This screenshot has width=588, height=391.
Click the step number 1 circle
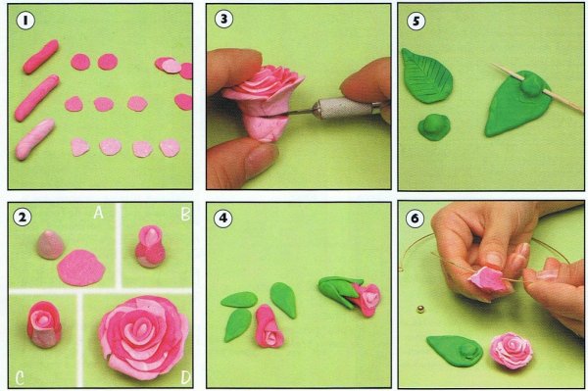tap(25, 21)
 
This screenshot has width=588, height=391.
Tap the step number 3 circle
tap(223, 20)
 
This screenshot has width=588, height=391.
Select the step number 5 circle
tap(416, 21)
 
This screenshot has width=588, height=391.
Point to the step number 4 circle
tap(223, 218)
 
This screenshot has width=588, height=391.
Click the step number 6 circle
tap(415, 219)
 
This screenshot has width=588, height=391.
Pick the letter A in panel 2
tap(98, 213)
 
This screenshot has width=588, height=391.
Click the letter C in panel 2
tap(20, 378)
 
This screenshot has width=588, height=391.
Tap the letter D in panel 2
tap(185, 378)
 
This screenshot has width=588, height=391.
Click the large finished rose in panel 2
tap(144, 337)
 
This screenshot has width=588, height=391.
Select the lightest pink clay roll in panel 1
tap(35, 139)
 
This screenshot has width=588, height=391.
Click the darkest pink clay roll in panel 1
tap(41, 57)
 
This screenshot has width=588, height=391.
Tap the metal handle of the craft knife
tap(343, 108)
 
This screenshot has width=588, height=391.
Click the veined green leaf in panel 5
tap(426, 75)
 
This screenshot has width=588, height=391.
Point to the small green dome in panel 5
tap(434, 127)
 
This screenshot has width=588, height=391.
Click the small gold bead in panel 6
tap(420, 310)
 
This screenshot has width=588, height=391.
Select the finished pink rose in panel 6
tap(512, 350)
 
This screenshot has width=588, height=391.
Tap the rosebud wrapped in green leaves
tap(350, 296)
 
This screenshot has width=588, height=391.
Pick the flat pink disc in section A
tap(81, 268)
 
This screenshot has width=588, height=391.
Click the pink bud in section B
tap(150, 246)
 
